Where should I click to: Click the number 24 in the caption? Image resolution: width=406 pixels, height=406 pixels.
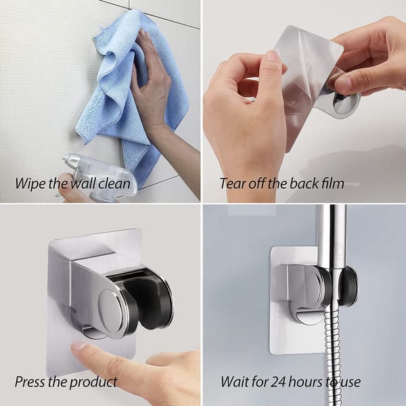click(x=279, y=382)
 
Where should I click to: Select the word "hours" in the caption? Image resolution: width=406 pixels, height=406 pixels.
click(x=306, y=382)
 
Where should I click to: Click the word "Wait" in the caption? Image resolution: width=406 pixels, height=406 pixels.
click(x=232, y=382)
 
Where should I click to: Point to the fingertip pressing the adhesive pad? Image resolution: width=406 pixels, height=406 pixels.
click(x=79, y=346)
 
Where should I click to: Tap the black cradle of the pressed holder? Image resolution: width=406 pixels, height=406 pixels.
click(x=153, y=298)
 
